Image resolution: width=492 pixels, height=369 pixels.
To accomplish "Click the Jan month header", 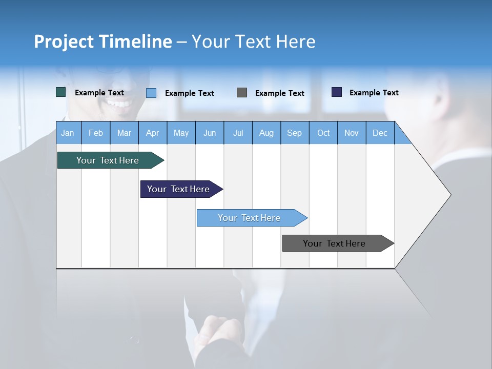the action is (x=68, y=133).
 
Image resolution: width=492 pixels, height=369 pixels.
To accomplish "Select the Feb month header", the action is (x=96, y=133).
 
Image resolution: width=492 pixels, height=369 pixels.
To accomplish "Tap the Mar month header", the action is (x=124, y=133).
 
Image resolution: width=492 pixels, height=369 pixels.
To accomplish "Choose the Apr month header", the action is (x=153, y=133).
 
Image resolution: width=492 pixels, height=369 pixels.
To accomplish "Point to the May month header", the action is (x=181, y=133).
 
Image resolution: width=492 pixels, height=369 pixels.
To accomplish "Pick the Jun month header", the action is (x=210, y=133).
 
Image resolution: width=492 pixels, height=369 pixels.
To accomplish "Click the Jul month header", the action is (x=238, y=133).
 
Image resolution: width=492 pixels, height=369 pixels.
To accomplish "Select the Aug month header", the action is (x=266, y=133).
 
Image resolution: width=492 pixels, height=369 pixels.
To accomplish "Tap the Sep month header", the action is (x=295, y=133).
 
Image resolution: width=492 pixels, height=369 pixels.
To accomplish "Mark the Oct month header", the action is (x=323, y=133).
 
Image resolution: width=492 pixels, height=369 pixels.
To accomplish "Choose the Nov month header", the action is (x=352, y=133).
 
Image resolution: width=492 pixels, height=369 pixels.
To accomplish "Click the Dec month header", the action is (x=380, y=133).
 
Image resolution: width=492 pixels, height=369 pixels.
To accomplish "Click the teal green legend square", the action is (x=61, y=92).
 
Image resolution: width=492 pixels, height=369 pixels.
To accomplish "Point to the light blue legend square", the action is (x=151, y=93).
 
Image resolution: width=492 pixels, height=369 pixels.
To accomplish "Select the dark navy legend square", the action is (x=337, y=92).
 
